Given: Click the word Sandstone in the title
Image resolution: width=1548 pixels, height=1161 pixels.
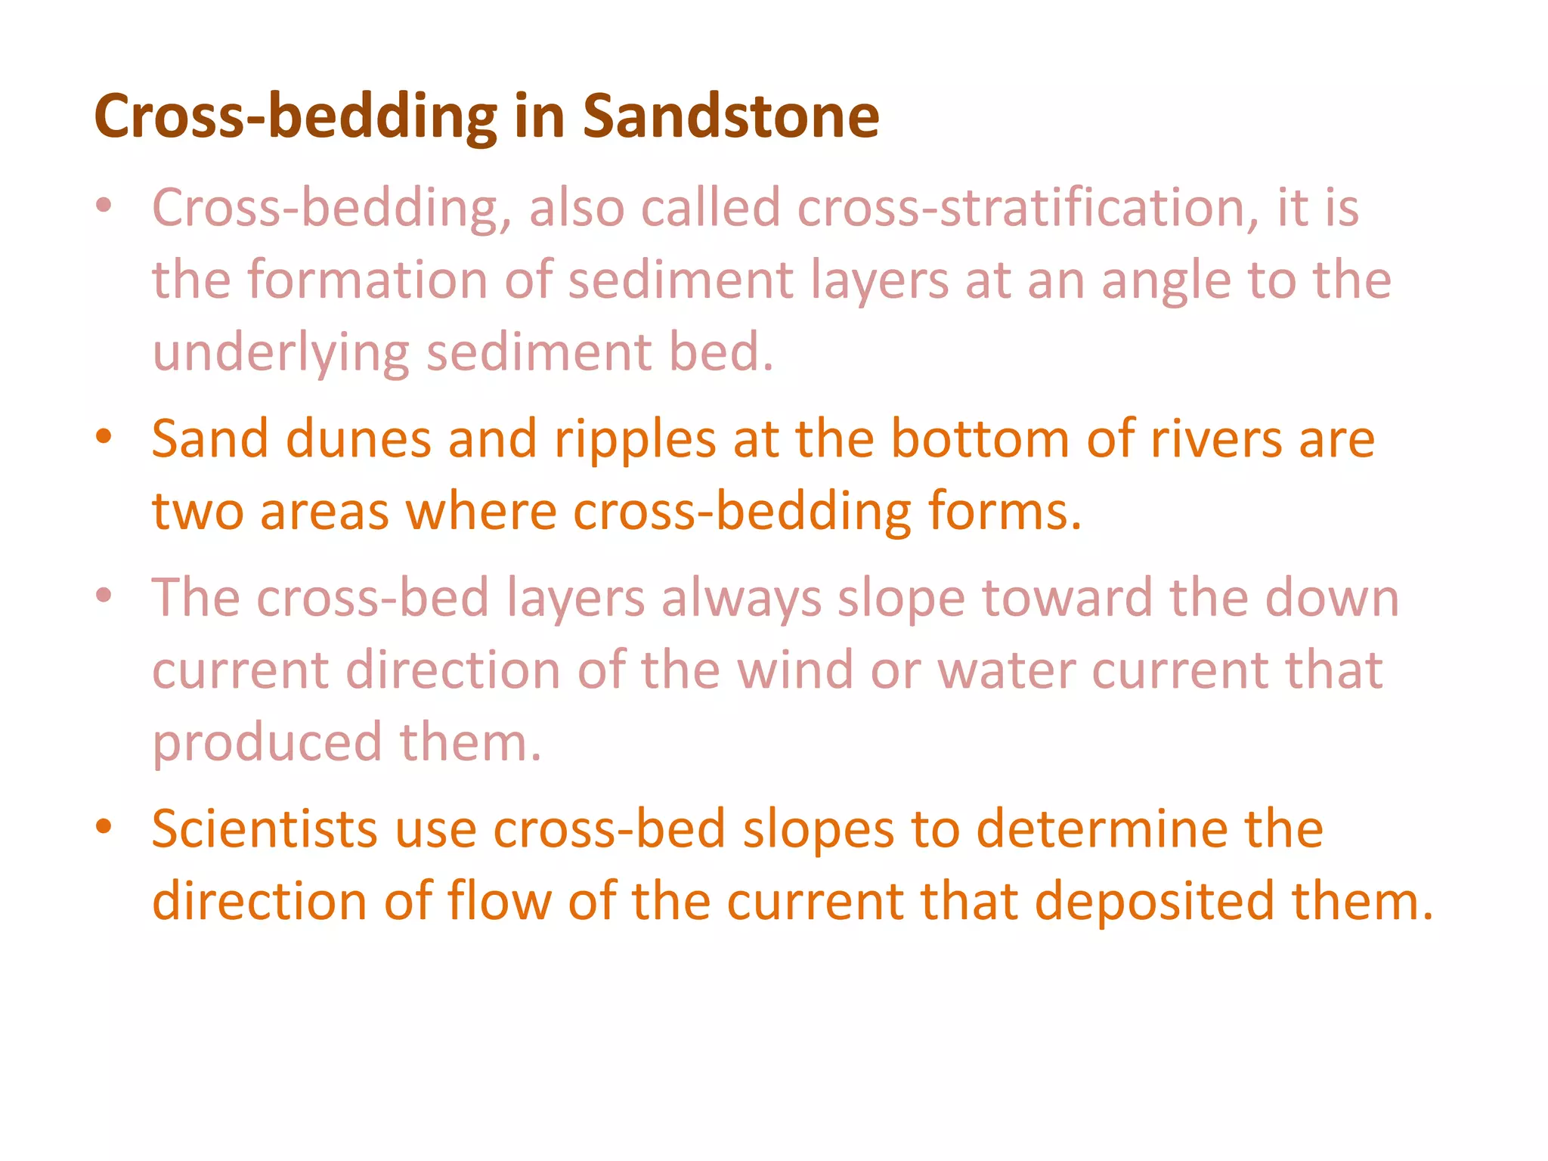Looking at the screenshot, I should [730, 116].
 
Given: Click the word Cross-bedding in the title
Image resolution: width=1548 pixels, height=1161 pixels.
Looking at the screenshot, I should [296, 118].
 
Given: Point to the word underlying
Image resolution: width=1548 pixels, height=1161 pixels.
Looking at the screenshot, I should [280, 354].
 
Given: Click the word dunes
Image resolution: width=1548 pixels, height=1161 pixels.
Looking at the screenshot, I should [358, 438].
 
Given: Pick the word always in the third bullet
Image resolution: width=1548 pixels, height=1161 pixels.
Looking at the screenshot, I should [741, 599].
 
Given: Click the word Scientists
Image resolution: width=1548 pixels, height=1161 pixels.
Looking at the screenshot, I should [265, 829].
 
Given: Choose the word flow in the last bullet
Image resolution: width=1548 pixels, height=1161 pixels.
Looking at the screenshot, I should [499, 901].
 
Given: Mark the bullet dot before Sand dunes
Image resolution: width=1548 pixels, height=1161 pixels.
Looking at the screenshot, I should [104, 437].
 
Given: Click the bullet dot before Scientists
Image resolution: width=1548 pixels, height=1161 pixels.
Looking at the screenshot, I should [104, 827].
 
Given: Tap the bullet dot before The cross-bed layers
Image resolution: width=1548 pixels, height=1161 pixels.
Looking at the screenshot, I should [104, 596].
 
